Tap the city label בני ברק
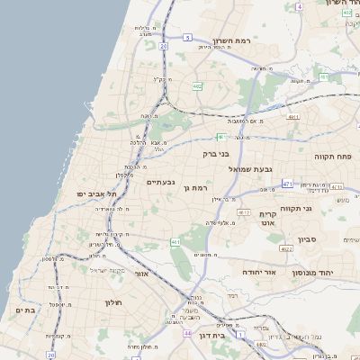tap(218, 154)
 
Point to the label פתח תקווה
tap(330, 156)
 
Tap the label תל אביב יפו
tap(98, 194)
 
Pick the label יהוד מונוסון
tap(313, 271)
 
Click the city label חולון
tap(112, 302)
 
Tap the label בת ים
tap(24, 310)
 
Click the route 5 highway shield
tap(186, 38)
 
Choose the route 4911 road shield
tap(293, 117)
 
